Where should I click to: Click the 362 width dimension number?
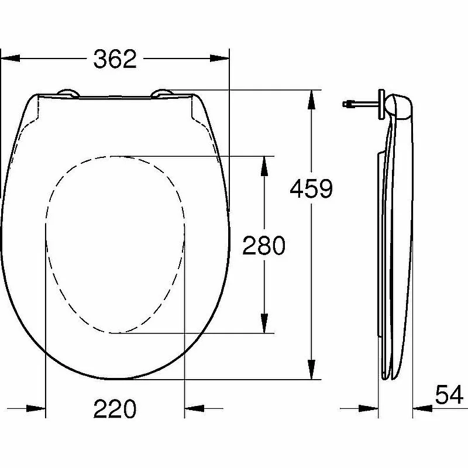pyautogui.click(x=115, y=59)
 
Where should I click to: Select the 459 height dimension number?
pyautogui.click(x=311, y=188)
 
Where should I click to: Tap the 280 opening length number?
pyautogui.click(x=264, y=245)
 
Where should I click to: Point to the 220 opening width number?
pyautogui.click(x=115, y=408)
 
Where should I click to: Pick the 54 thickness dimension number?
pyautogui.click(x=449, y=394)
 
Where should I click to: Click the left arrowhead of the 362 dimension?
pyautogui.click(x=11, y=58)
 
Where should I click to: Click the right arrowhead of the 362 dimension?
pyautogui.click(x=219, y=58)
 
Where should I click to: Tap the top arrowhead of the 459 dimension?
pyautogui.click(x=311, y=99)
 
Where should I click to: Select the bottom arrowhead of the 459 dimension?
pyautogui.click(x=311, y=370)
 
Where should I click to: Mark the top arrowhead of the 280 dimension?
pyautogui.click(x=264, y=166)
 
